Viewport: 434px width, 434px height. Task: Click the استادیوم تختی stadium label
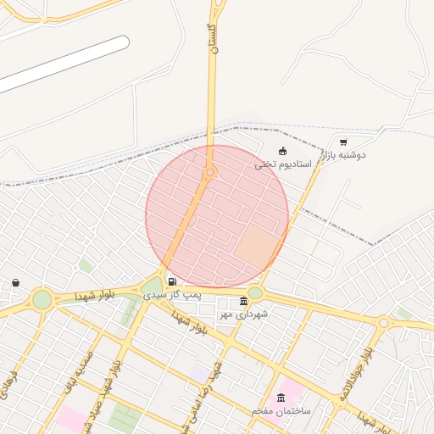tap(283, 164)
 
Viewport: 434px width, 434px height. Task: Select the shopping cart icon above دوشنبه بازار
tap(342, 142)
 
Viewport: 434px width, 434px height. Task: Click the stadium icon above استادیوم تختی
tap(282, 152)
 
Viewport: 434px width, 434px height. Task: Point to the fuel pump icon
tap(172, 282)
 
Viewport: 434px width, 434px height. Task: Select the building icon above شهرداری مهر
tap(244, 302)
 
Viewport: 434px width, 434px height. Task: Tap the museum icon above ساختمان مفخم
tap(281, 398)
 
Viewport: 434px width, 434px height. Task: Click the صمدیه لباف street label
tap(77, 374)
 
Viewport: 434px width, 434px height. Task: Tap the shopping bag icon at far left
tap(15, 283)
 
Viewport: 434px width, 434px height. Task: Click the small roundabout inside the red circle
tap(209, 172)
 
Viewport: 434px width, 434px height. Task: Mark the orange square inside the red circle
tap(258, 245)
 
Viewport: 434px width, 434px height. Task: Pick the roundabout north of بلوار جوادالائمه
tap(383, 322)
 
